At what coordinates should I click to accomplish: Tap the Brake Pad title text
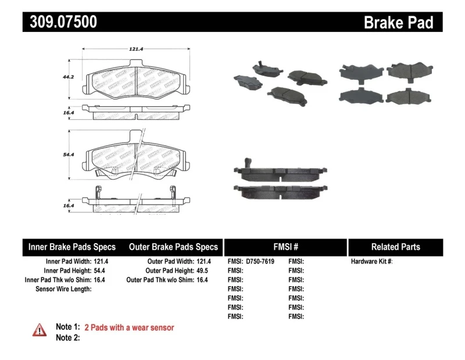tap(398, 23)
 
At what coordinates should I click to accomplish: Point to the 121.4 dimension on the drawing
tap(135, 49)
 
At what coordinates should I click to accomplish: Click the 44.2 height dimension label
tap(69, 76)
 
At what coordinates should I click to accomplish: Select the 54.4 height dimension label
tap(69, 155)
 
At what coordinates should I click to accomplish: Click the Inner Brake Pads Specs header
tap(72, 247)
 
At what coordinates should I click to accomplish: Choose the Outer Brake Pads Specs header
tap(173, 247)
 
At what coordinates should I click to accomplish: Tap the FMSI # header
tap(285, 247)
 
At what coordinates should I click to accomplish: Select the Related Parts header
tap(395, 247)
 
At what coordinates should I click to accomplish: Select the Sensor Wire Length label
tap(63, 289)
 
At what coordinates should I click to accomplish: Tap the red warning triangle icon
tap(39, 329)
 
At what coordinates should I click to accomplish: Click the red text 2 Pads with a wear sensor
tap(129, 327)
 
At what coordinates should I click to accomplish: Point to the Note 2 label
tap(67, 337)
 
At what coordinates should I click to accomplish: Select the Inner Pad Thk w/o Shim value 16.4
tap(101, 280)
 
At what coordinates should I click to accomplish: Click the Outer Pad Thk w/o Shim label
tap(158, 280)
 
